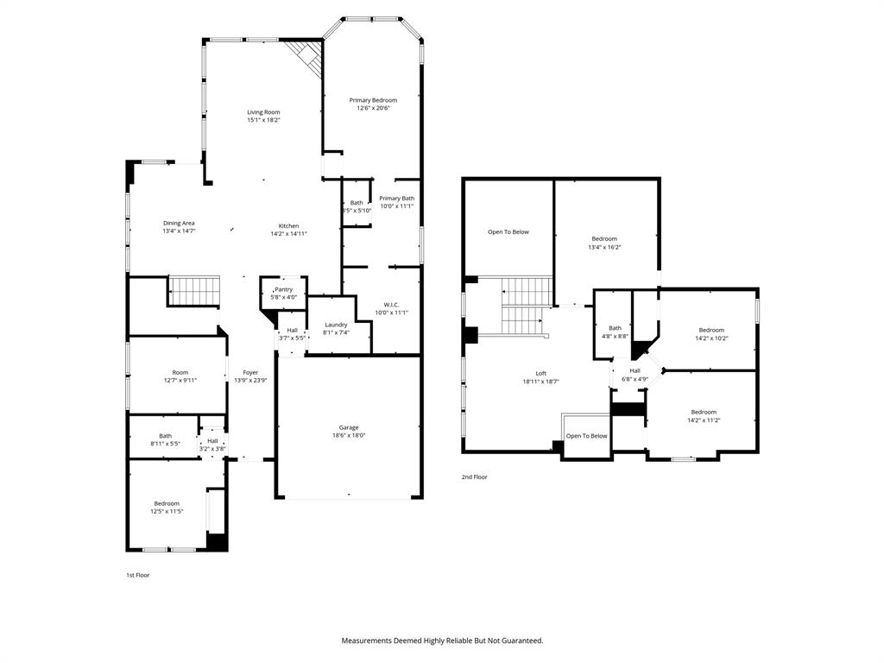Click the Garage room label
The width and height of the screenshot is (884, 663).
349,427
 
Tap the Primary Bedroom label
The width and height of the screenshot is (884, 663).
373,100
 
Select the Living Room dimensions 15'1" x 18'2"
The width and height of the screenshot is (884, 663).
263,120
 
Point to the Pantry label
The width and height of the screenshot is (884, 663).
284,289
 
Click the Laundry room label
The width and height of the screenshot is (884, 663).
336,325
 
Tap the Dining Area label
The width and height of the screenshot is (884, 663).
179,223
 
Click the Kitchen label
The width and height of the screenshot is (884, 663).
288,225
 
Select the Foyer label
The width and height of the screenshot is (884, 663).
250,373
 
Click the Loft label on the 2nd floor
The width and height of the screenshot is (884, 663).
540,373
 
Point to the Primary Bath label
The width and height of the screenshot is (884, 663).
396,198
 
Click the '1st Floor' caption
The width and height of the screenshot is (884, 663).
138,574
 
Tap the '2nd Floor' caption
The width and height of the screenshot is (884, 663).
474,477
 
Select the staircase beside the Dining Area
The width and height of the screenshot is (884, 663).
193,290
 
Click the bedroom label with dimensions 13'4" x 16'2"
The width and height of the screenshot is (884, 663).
604,238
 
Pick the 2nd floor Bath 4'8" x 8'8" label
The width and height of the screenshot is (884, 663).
615,328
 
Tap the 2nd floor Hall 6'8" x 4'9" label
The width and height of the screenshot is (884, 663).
635,370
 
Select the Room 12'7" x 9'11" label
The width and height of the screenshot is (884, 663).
180,372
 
